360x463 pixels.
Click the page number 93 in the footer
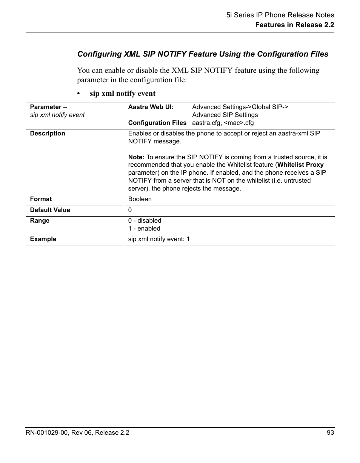point(330,433)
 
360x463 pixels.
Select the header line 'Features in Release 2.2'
point(294,25)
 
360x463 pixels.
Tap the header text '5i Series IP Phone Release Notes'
point(280,15)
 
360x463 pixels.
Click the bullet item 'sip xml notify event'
point(122,93)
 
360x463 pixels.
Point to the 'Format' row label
point(41,199)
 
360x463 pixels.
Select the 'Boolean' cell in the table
point(140,199)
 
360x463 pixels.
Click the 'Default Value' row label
point(50,210)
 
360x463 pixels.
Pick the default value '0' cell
point(130,210)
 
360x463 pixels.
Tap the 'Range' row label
point(40,221)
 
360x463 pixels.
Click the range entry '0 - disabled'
point(145,221)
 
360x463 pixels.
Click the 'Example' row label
point(43,239)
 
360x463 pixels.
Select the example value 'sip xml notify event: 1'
point(159,239)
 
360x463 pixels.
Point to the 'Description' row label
point(48,134)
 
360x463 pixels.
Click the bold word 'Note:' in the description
point(136,157)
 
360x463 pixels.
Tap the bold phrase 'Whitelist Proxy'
point(300,165)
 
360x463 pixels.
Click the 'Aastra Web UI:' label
point(151,107)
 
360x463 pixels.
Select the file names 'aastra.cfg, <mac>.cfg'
point(223,123)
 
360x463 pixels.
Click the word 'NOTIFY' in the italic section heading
point(172,54)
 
